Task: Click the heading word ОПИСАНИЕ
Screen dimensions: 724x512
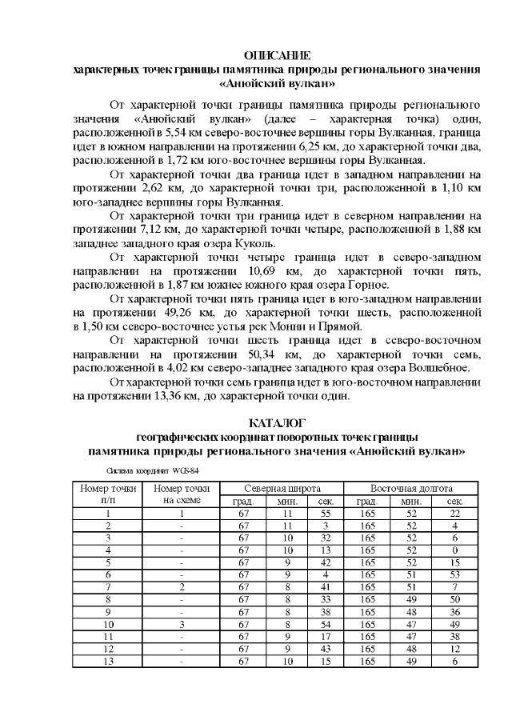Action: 276,56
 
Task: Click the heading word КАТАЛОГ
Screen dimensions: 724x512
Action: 276,423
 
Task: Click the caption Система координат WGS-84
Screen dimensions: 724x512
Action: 146,470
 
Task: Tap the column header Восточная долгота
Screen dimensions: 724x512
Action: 411,488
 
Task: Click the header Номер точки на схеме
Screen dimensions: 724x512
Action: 182,494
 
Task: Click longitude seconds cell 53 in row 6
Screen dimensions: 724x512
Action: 454,575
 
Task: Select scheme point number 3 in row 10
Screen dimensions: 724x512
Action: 182,624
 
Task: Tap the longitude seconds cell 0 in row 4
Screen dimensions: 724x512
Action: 454,550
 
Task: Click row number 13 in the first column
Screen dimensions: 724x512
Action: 107,661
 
